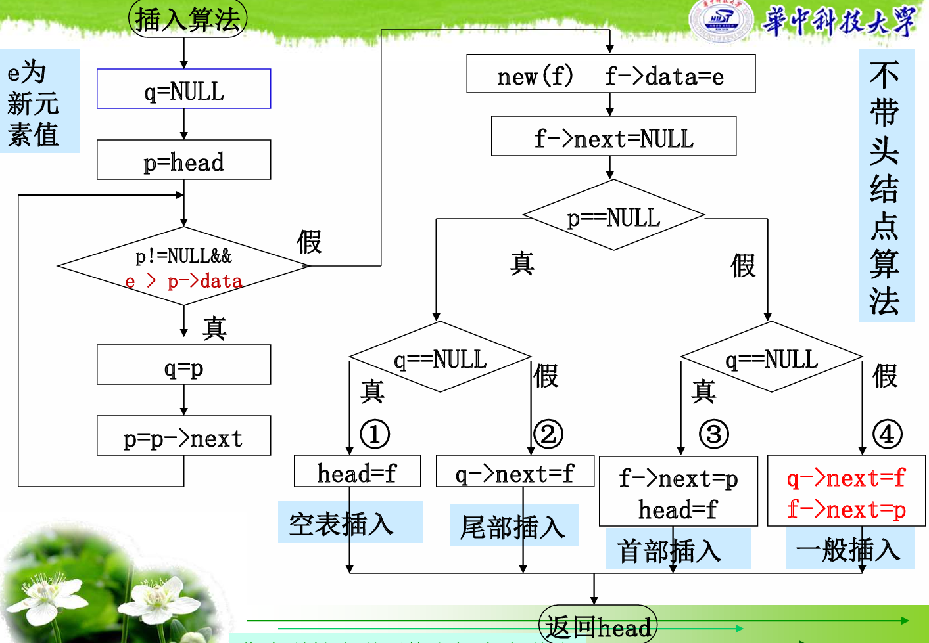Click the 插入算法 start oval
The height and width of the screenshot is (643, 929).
[x=187, y=19]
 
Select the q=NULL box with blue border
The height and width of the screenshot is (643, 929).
[x=183, y=89]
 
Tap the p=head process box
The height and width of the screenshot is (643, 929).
[x=183, y=160]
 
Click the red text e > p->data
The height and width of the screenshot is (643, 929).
[x=183, y=281]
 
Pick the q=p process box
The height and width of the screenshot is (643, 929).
[x=183, y=365]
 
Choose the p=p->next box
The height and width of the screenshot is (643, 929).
[x=183, y=435]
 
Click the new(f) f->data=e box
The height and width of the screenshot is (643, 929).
[x=610, y=74]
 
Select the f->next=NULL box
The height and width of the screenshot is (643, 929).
[x=613, y=137]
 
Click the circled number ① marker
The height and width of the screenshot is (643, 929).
[x=375, y=434]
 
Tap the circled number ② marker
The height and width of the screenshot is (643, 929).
[x=548, y=434]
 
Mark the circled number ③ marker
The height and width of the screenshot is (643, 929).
[x=714, y=434]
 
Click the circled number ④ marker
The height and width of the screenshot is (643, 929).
[x=887, y=434]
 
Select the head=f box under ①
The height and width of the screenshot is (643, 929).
[x=357, y=472]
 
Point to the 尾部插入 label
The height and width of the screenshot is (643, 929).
[x=513, y=526]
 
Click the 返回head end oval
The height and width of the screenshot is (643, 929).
[x=598, y=626]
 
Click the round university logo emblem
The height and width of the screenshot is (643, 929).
[x=722, y=20]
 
